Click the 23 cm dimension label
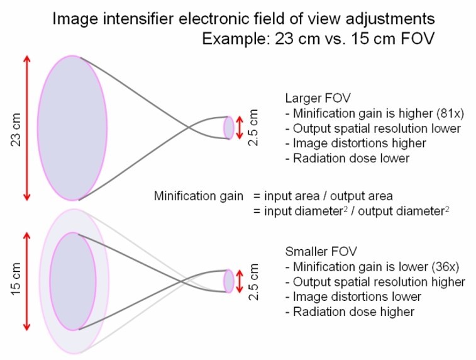click(x=16, y=128)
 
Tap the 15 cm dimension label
click(x=16, y=279)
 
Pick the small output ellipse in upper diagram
click(x=229, y=127)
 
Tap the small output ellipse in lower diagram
click(x=229, y=281)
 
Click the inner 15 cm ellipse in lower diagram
click(x=71, y=281)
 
